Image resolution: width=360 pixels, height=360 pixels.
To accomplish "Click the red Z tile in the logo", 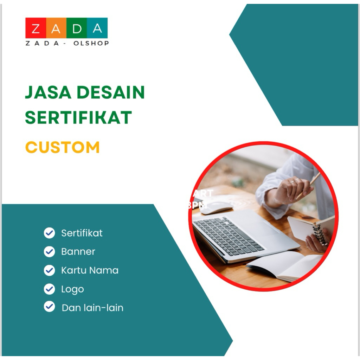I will pyautogui.click(x=36, y=28).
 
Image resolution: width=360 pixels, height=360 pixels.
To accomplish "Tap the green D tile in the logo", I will pyautogui.click(x=77, y=28).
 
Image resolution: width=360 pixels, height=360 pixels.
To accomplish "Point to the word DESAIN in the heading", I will pyautogui.click(x=111, y=92).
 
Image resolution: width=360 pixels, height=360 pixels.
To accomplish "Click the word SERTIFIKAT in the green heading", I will pyautogui.click(x=78, y=118).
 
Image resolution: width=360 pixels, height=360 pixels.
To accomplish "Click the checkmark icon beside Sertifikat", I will pyautogui.click(x=49, y=233).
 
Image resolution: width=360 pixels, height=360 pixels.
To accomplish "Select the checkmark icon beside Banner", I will pyautogui.click(x=49, y=252).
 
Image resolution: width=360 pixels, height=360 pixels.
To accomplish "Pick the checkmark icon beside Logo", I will pyautogui.click(x=49, y=289).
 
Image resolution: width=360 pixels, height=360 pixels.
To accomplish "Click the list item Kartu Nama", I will pyautogui.click(x=90, y=270).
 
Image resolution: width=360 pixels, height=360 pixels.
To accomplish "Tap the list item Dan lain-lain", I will pyautogui.click(x=92, y=308).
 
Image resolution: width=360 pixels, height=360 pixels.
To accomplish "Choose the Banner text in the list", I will pyautogui.click(x=78, y=252).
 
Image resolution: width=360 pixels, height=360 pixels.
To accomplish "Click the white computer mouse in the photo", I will pyautogui.click(x=216, y=208).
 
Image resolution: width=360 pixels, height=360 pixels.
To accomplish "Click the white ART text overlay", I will pyautogui.click(x=203, y=193).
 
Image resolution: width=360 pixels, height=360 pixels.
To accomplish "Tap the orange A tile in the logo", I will pyautogui.click(x=56, y=28).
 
